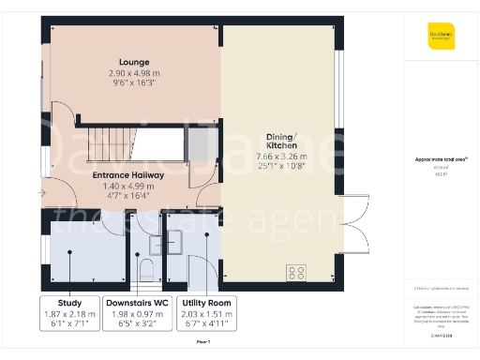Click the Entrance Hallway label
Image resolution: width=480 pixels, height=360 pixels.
128,175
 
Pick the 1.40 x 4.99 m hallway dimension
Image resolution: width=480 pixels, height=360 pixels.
128,187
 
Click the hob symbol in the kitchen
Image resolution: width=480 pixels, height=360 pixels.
296,273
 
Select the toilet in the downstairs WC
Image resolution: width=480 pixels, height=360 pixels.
144,270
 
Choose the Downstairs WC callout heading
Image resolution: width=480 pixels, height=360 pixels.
137,303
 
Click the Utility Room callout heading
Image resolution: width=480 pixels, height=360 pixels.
206,303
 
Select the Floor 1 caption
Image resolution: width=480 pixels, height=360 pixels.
202,342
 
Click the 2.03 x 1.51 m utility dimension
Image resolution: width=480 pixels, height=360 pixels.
206,314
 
